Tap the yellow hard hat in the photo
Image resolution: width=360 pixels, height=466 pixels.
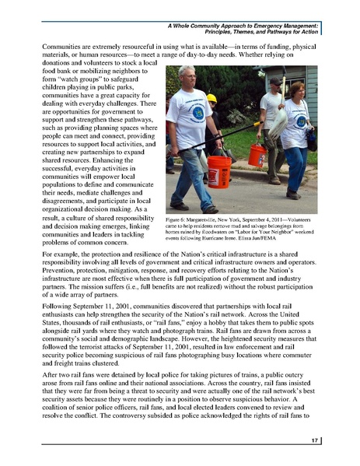tap(211, 98)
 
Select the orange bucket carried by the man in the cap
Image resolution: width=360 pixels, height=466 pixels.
tap(257, 154)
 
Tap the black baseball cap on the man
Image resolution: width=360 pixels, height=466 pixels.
tap(274, 81)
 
